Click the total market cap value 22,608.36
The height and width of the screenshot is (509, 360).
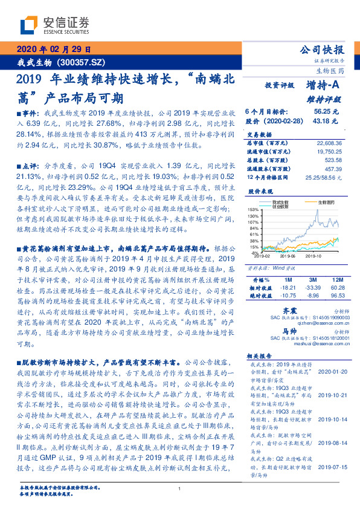329,143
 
